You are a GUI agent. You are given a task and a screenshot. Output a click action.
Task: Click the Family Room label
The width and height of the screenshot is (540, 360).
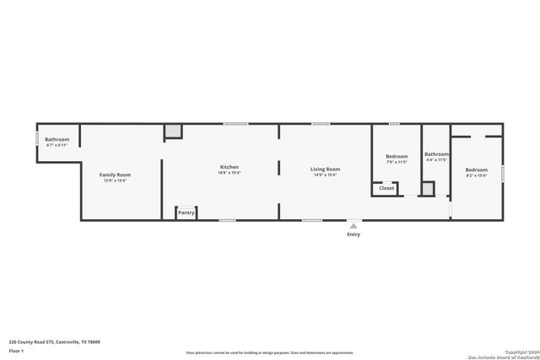pyautogui.click(x=116, y=175)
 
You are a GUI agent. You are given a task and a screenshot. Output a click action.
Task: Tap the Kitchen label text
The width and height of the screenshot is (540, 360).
pyautogui.click(x=229, y=167)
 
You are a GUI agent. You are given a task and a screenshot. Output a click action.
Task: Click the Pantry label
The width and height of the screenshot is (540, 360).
pyautogui.click(x=186, y=212)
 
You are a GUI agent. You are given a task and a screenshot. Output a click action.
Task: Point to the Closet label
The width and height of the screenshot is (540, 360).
pyautogui.click(x=386, y=188)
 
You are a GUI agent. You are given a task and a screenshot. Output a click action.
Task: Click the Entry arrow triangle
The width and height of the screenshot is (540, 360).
pyautogui.click(x=354, y=226)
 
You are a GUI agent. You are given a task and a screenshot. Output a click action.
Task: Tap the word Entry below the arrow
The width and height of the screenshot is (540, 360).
pyautogui.click(x=354, y=234)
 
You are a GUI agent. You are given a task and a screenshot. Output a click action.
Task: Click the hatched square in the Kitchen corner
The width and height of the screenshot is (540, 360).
pyautogui.click(x=172, y=132)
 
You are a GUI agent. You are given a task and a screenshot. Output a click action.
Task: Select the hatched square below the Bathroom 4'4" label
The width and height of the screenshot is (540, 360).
pyautogui.click(x=428, y=189)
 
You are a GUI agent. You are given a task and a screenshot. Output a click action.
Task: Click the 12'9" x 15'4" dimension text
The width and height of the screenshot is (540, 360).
pyautogui.click(x=116, y=180)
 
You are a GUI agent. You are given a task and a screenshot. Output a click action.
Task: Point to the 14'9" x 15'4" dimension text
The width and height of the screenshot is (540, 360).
pyautogui.click(x=325, y=175)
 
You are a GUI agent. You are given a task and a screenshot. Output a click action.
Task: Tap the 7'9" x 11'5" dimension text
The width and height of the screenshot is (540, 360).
pyautogui.click(x=397, y=162)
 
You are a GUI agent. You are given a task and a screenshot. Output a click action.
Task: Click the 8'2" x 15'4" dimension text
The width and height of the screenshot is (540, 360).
pyautogui.click(x=477, y=176)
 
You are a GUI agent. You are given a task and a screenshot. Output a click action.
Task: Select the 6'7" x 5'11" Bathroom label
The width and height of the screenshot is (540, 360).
pyautogui.click(x=57, y=145)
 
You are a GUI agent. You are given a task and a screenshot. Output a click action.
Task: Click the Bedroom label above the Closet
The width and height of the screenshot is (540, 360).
pyautogui.click(x=397, y=156)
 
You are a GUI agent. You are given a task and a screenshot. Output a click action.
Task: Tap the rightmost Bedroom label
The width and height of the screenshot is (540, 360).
pyautogui.click(x=477, y=170)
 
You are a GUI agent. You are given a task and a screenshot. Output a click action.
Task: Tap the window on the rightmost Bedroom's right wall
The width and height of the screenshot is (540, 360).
pyautogui.click(x=503, y=173)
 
